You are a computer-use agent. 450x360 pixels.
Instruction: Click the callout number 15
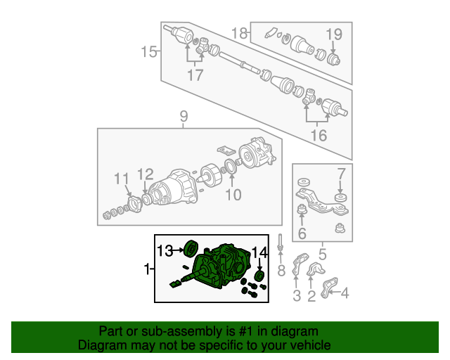pyautogui.click(x=148, y=52)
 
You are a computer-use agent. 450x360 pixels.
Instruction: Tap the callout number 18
pyautogui.click(x=239, y=33)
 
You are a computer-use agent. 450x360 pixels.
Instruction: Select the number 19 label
pyautogui.click(x=334, y=34)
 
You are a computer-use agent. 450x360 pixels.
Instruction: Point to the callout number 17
pyautogui.click(x=195, y=75)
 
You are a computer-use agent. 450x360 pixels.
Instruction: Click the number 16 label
pyautogui.click(x=319, y=135)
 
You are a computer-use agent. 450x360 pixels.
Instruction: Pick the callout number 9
pyautogui.click(x=184, y=117)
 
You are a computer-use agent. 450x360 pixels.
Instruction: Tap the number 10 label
pyautogui.click(x=233, y=195)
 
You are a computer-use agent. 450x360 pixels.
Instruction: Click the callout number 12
pyautogui.click(x=146, y=174)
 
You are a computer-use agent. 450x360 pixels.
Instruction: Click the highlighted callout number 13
pyautogui.click(x=165, y=251)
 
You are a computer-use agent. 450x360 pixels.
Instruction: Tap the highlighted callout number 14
pyautogui.click(x=259, y=252)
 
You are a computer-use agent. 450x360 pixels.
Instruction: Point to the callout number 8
pyautogui.click(x=281, y=271)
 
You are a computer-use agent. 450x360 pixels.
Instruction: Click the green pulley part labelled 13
pyautogui.click(x=191, y=249)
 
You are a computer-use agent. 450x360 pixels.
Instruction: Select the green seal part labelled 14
pyautogui.click(x=259, y=276)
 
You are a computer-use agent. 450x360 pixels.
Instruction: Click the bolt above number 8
pyautogui.click(x=281, y=243)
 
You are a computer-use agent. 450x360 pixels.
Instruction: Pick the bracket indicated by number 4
pyautogui.click(x=328, y=288)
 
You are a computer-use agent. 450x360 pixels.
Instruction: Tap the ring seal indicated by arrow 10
pyautogui.click(x=231, y=167)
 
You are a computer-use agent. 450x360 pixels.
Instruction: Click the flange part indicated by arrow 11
pyautogui.click(x=134, y=204)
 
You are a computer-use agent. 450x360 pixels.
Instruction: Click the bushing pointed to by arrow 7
pyautogui.click(x=340, y=198)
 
